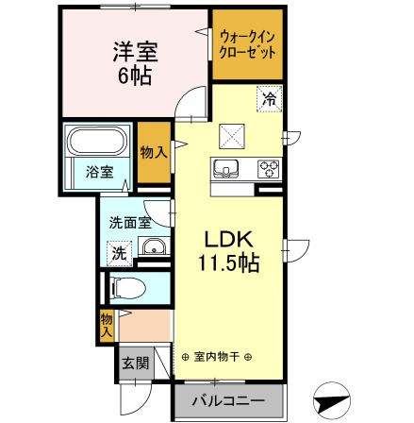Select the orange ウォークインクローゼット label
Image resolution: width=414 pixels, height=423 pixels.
pyautogui.click(x=246, y=43)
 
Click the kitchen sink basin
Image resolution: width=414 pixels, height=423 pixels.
pyautogui.click(x=227, y=170)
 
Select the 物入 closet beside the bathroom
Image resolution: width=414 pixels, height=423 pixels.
pyautogui.click(x=154, y=153)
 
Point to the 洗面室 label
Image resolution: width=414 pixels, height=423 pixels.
pyautogui.click(x=128, y=225)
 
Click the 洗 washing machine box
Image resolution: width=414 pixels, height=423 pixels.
pyautogui.click(x=120, y=252)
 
